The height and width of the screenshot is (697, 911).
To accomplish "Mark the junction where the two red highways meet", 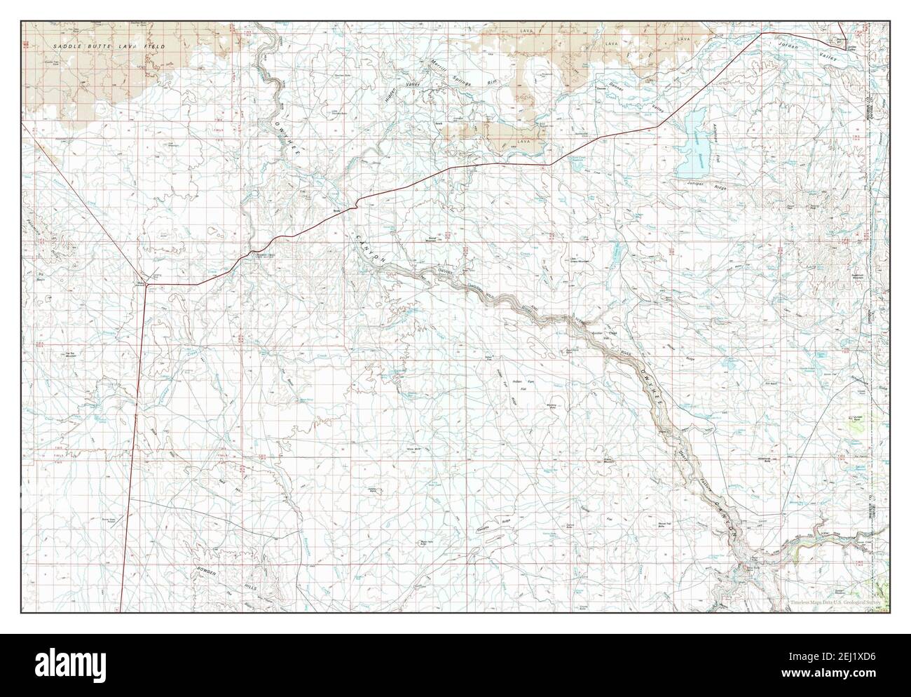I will [146, 284].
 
